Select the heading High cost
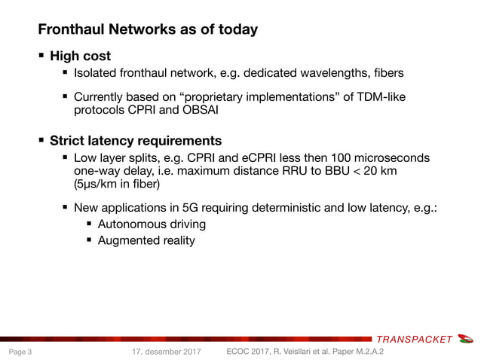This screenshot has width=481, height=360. (80, 56)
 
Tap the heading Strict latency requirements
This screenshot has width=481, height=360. (135, 141)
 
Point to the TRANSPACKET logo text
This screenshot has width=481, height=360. (414, 339)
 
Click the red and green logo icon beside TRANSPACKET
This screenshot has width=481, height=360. (466, 338)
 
